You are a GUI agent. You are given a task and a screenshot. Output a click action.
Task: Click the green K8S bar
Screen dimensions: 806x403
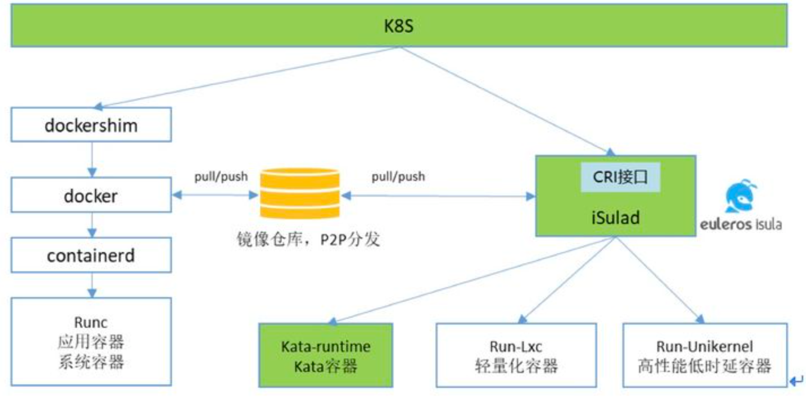pyautogui.click(x=399, y=25)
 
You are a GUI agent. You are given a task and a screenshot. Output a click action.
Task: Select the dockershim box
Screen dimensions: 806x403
pyautogui.click(x=91, y=125)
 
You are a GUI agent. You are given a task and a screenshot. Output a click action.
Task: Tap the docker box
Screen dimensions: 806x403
pyautogui.click(x=91, y=195)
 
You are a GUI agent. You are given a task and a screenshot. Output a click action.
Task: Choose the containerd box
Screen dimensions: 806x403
pyautogui.click(x=91, y=255)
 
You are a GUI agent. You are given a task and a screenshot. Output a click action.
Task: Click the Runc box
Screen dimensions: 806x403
pyautogui.click(x=91, y=341)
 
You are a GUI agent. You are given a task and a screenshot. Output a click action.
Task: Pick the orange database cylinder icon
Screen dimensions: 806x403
pyautogui.click(x=300, y=193)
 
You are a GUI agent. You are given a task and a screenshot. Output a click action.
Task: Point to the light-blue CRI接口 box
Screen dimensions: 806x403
pyautogui.click(x=620, y=177)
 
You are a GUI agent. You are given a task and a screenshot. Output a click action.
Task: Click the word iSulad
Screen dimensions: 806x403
pyautogui.click(x=615, y=218)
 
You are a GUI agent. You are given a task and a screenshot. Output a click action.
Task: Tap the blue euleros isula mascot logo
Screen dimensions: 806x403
pyautogui.click(x=740, y=196)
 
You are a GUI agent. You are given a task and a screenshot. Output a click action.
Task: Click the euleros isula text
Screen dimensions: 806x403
pyautogui.click(x=740, y=224)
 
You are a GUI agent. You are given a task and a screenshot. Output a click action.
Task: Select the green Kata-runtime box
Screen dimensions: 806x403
pyautogui.click(x=326, y=355)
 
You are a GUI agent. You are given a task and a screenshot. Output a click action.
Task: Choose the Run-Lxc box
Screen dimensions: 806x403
pyautogui.click(x=516, y=355)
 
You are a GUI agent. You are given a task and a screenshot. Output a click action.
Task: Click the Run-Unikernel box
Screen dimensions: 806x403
pyautogui.click(x=705, y=355)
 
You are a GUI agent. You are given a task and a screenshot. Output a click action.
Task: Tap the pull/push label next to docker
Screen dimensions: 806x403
pyautogui.click(x=221, y=176)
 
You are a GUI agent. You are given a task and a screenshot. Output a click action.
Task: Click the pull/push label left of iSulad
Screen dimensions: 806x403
pyautogui.click(x=398, y=176)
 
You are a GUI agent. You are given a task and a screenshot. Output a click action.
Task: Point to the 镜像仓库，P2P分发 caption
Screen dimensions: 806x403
pyautogui.click(x=308, y=239)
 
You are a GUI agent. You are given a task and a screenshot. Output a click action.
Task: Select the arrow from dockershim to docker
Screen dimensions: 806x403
pyautogui.click(x=92, y=159)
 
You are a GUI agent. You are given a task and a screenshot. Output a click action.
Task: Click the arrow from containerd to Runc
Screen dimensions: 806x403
pyautogui.click(x=92, y=285)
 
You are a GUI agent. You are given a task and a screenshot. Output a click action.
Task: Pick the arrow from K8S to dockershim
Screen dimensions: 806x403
pyautogui.click(x=247, y=77)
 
